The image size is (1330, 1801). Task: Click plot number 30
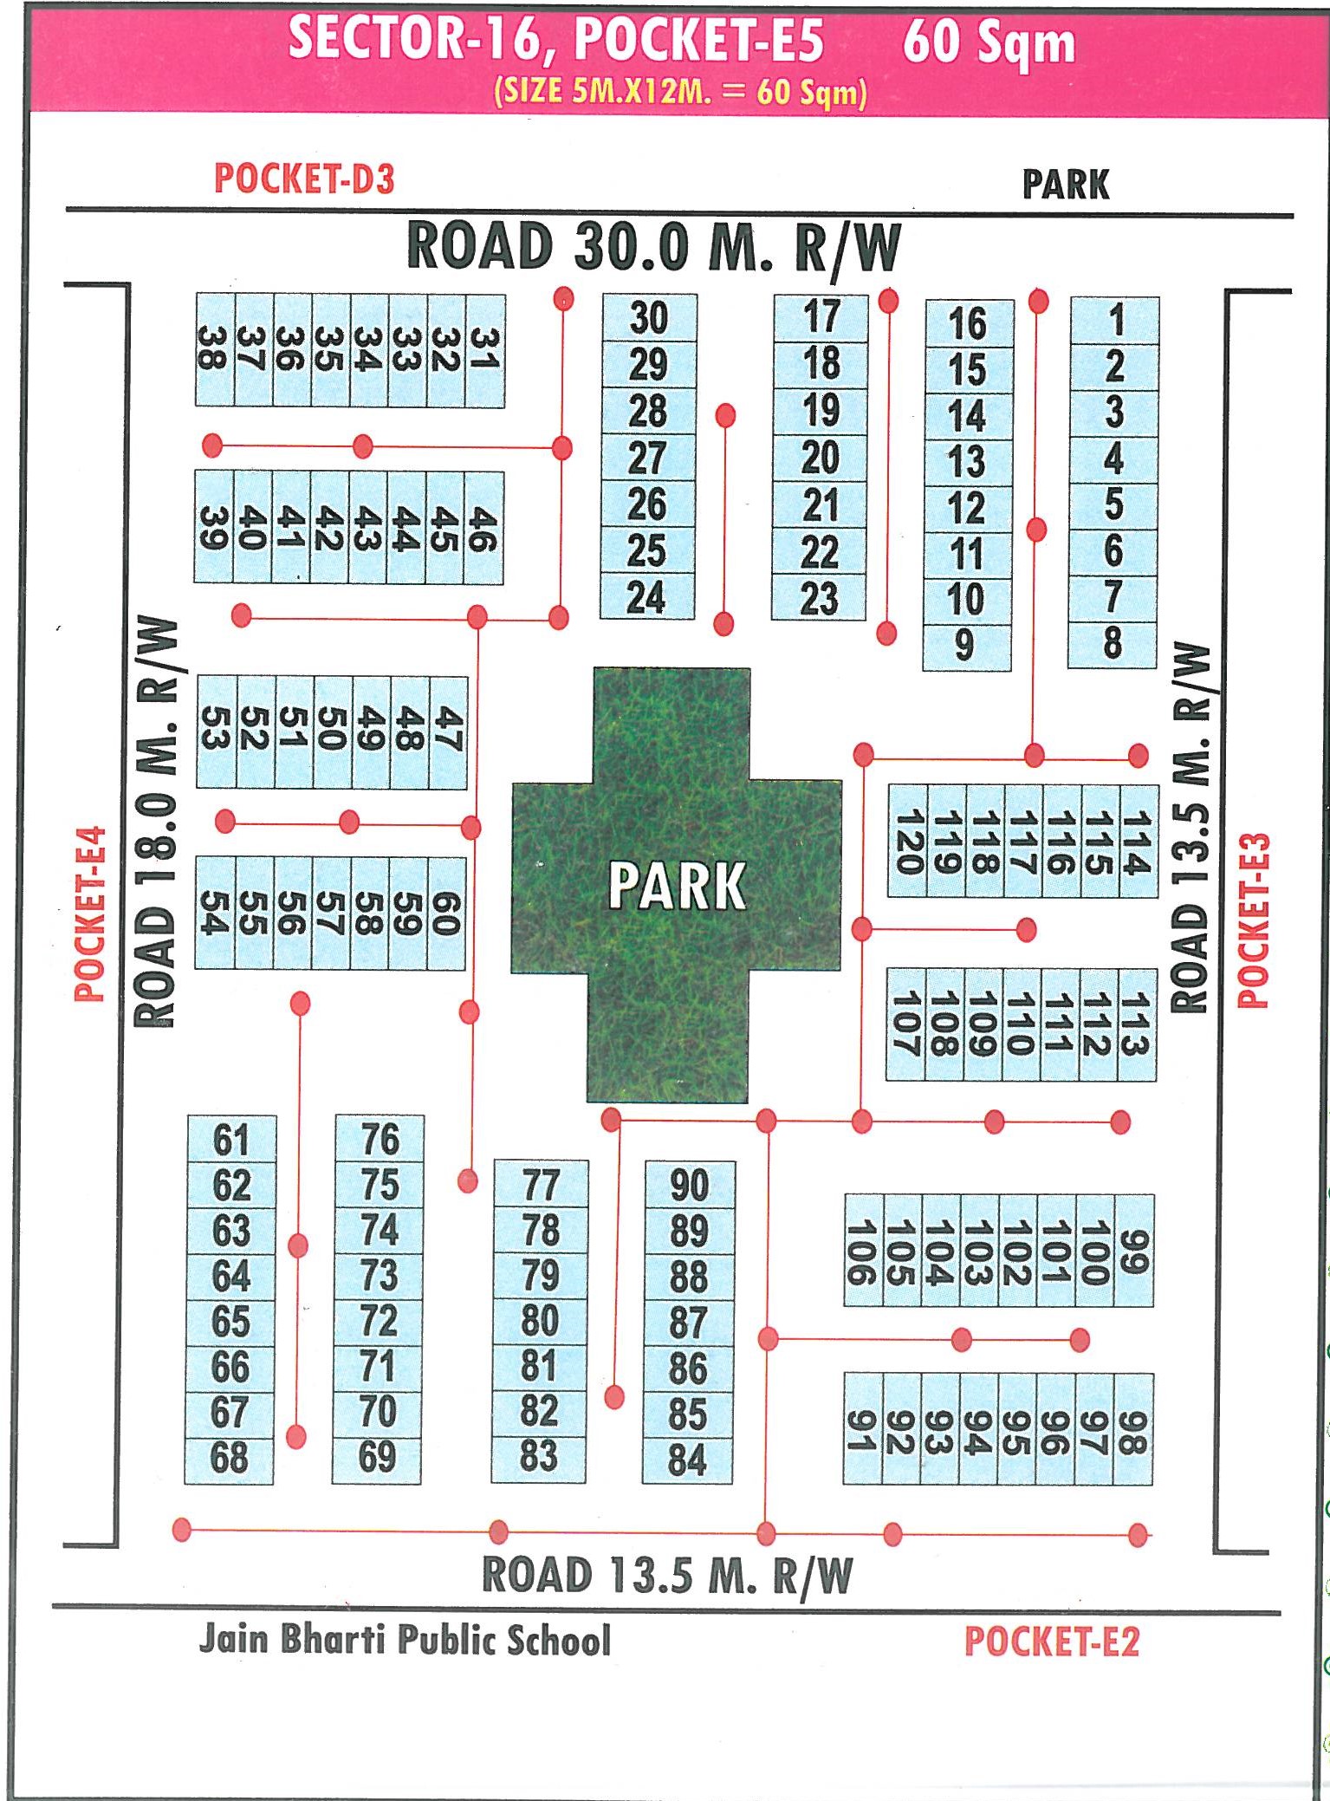coord(649,318)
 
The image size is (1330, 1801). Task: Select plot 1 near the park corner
coord(1116,320)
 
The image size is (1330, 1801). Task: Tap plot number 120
coord(907,842)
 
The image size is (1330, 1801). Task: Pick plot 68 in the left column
coord(230,1458)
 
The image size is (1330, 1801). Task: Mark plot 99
coord(1133,1251)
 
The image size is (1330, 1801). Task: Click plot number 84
coord(688,1460)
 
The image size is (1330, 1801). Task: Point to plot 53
coord(216,732)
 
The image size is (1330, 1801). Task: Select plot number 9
coord(965,646)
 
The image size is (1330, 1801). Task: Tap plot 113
coord(1136,1024)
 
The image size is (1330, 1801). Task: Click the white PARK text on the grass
coord(676,886)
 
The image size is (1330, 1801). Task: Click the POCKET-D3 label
coord(304,179)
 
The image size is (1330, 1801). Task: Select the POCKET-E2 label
coord(1051,1642)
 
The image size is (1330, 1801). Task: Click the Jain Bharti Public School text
coord(405,1639)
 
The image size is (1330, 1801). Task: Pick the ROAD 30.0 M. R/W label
coord(653,248)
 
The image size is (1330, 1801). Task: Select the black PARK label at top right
coord(1065,184)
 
